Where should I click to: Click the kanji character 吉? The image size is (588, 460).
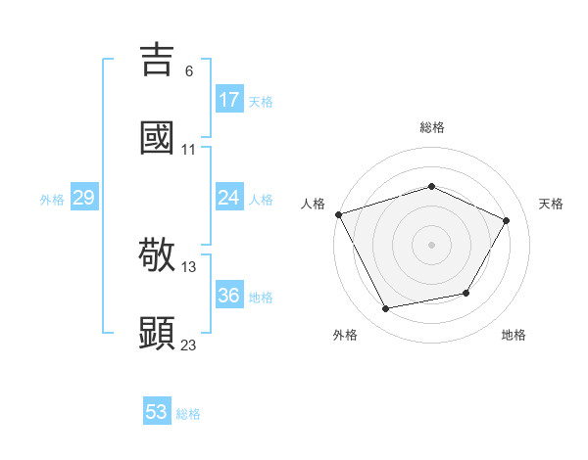pos(158,60)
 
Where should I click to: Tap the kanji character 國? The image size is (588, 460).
pos(158,137)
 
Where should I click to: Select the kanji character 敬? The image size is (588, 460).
pos(158,255)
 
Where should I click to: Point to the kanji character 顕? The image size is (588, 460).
pos(158,333)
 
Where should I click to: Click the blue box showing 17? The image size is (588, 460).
pos(228,100)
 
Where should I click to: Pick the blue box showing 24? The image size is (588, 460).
pos(228,198)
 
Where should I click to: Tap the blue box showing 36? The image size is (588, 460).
pos(228,296)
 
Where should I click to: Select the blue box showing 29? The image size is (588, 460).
pos(83,198)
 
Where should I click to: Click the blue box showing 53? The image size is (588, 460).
pos(157,412)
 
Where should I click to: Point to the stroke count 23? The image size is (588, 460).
pos(189,344)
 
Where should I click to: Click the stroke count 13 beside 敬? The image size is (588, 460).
pos(189,266)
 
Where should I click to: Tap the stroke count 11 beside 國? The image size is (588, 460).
pos(189,150)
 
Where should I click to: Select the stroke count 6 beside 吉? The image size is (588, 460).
pos(189,70)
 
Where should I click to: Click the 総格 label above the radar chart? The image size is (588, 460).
pos(432,127)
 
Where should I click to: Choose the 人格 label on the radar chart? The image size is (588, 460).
pos(313,204)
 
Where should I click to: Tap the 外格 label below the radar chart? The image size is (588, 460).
pos(345,335)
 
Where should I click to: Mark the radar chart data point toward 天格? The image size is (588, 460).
pos(507,220)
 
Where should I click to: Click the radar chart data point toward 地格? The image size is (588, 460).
pos(466,293)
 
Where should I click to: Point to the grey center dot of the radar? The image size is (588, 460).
pos(431,245)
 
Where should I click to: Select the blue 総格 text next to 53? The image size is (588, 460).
pos(188,414)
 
